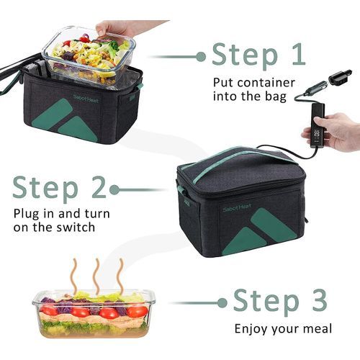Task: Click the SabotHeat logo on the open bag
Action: pos(86,99)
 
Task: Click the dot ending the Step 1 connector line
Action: pos(201,57)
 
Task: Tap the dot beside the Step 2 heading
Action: pos(114,190)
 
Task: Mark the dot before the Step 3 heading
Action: pos(222,303)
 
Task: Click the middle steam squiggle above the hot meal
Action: pos(96,276)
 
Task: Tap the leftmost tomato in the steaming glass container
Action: pos(49,311)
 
